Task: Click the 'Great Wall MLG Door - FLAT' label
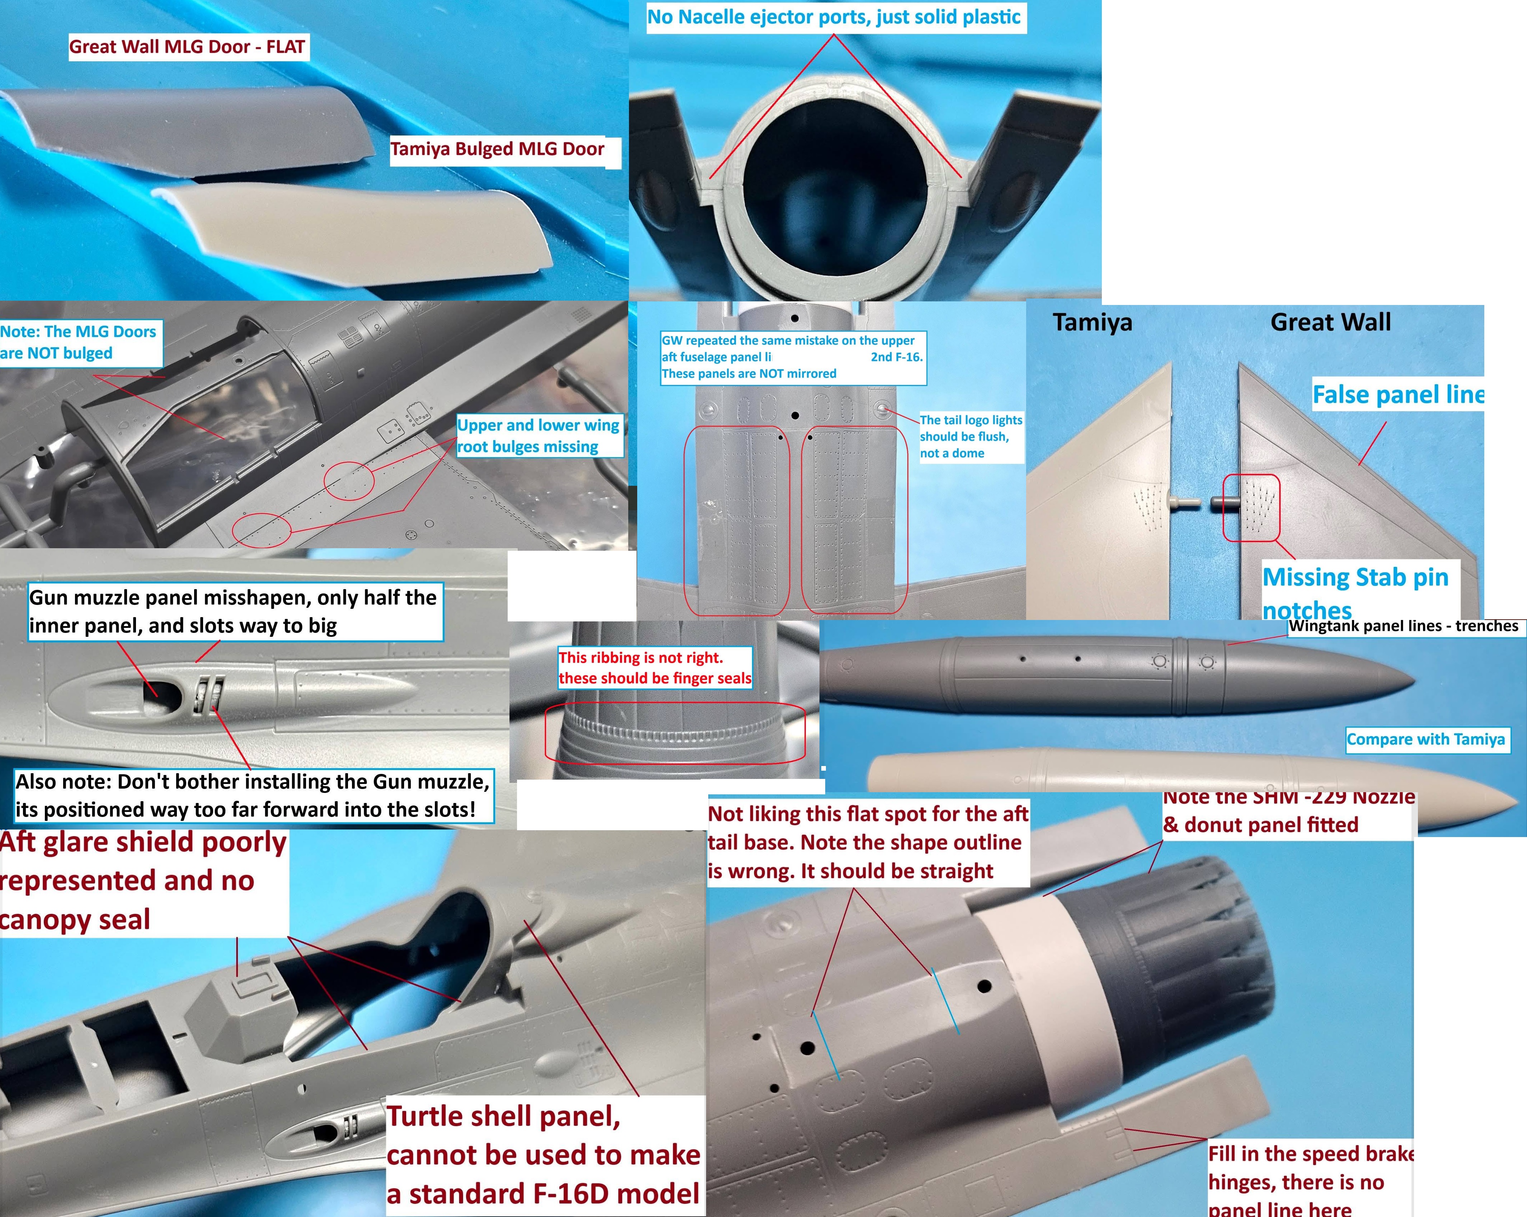tap(188, 47)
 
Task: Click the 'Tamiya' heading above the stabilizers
tap(1092, 322)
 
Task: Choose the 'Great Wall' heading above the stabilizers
tap(1330, 322)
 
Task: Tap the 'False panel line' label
tap(1397, 395)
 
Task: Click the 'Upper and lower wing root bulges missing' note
tap(538, 436)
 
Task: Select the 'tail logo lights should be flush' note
tap(970, 436)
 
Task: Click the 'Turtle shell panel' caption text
tap(542, 1155)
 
